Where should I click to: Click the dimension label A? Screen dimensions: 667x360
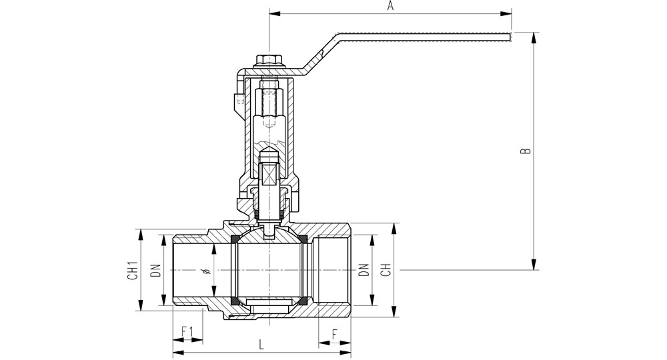pyautogui.click(x=390, y=6)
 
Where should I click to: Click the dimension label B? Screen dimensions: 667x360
pyautogui.click(x=526, y=151)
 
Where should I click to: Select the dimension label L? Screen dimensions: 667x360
pyautogui.click(x=261, y=344)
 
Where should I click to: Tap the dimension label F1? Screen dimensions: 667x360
pyautogui.click(x=187, y=331)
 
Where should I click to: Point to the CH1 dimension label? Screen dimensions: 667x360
pyautogui.click(x=133, y=270)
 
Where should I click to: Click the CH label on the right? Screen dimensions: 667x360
pyautogui.click(x=386, y=270)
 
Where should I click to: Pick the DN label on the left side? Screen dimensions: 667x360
pyautogui.click(x=155, y=270)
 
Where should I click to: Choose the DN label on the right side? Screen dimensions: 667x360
pyautogui.click(x=364, y=270)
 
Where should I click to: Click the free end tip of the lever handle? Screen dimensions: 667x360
pyautogui.click(x=510, y=37)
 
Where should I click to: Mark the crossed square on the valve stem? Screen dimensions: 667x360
pyautogui.click(x=269, y=175)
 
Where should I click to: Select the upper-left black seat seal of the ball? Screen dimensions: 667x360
pyautogui.click(x=233, y=239)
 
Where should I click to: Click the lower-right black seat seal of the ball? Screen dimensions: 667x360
pyautogui.click(x=303, y=301)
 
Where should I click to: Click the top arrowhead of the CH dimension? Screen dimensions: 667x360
pyautogui.click(x=394, y=228)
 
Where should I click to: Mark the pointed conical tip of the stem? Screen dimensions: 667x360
pyautogui.click(x=269, y=151)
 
